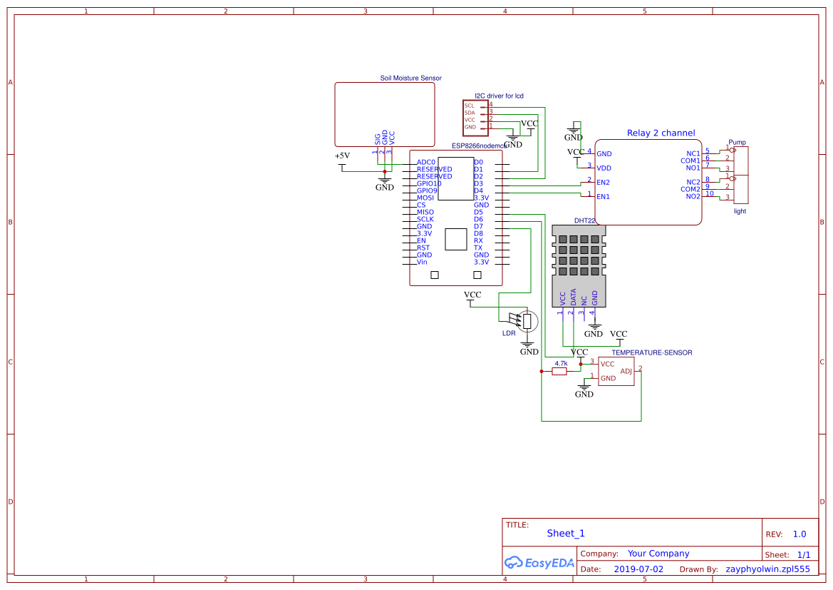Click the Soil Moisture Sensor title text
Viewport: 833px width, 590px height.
410,78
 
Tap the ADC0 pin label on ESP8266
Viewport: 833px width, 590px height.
426,162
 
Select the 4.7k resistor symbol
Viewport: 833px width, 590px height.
560,371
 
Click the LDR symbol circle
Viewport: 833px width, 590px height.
527,321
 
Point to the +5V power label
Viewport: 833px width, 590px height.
342,156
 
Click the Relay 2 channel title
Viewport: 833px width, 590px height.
661,133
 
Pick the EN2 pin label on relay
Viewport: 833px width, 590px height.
603,182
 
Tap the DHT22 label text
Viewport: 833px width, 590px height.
584,221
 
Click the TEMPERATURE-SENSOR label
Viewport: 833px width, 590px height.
651,352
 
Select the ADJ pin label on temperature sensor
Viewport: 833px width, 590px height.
626,371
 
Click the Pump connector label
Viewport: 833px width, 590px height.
737,143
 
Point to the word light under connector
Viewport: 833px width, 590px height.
740,211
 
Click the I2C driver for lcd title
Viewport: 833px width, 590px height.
499,96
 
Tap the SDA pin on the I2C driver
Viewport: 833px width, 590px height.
470,113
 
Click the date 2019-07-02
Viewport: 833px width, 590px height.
638,569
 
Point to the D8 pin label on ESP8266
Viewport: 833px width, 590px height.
478,233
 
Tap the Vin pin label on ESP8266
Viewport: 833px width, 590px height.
423,262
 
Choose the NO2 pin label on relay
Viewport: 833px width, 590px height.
693,196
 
